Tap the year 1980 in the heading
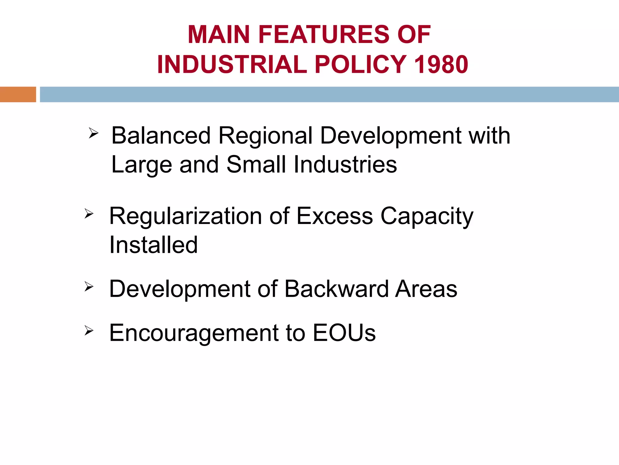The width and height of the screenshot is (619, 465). click(x=441, y=64)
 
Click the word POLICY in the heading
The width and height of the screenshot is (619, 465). click(x=361, y=64)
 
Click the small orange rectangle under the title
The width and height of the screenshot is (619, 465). click(x=18, y=94)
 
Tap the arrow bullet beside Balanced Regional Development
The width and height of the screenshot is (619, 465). click(x=93, y=133)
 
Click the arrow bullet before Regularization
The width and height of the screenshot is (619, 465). click(x=89, y=214)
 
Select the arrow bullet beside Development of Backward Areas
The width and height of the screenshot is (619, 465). click(x=89, y=286)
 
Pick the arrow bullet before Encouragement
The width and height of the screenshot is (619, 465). click(x=89, y=331)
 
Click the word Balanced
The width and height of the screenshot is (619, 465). click(x=161, y=136)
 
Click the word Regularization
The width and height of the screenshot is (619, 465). click(x=185, y=217)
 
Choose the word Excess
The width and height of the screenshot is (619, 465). click(x=335, y=216)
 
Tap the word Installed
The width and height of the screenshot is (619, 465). click(x=154, y=245)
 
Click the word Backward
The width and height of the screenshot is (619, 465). click(x=336, y=289)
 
